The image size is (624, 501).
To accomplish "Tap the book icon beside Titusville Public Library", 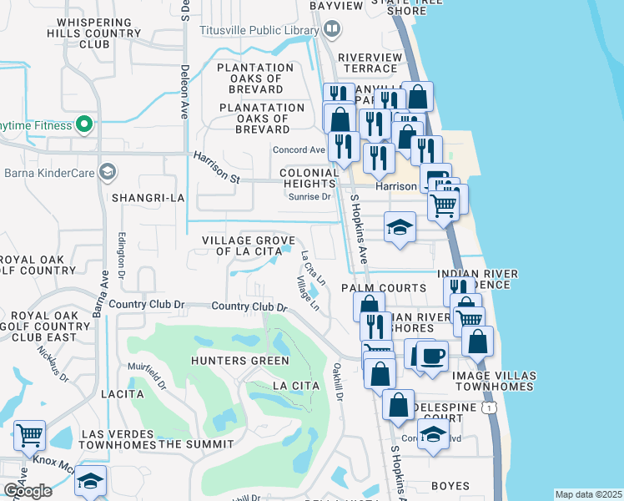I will (332, 30).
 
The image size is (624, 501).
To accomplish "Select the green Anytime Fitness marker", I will (83, 125).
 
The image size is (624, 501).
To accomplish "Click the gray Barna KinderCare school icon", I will (106, 173).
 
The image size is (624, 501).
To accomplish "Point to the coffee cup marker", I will (431, 356).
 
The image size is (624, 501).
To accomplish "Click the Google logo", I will (28, 491).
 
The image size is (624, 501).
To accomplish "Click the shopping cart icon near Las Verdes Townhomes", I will (29, 435).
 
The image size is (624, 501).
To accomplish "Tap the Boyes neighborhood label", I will (450, 486).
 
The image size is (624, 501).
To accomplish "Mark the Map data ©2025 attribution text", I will (588, 494).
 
